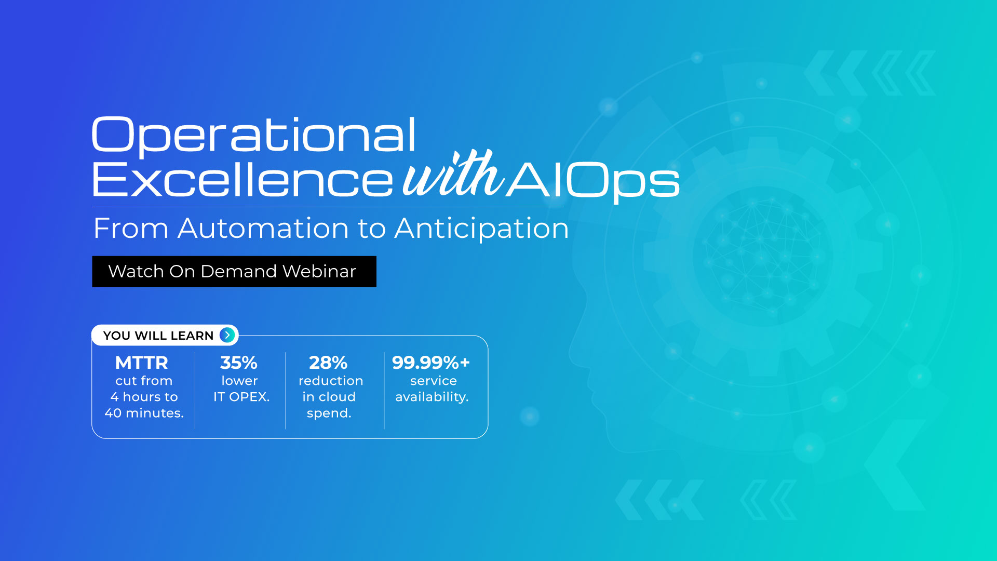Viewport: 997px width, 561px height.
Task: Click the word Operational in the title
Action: (254, 135)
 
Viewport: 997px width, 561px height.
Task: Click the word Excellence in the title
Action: (242, 179)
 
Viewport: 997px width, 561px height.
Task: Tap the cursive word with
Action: (453, 173)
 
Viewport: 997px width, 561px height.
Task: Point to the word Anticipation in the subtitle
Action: (481, 229)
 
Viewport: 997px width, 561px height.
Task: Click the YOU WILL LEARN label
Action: (158, 336)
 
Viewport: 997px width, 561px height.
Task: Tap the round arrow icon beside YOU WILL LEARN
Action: (227, 335)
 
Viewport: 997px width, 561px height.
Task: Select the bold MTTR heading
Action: (142, 362)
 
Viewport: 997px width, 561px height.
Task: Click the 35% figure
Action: (239, 362)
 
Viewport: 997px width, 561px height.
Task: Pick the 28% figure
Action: (328, 362)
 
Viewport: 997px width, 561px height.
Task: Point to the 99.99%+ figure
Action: (431, 362)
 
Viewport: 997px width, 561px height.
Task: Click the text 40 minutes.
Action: (144, 413)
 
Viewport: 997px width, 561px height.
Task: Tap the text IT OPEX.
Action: (241, 397)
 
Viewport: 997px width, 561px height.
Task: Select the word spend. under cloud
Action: (329, 413)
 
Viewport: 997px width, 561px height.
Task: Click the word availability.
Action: (432, 397)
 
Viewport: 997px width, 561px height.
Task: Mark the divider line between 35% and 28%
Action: (285, 391)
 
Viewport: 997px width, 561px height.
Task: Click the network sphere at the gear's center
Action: (763, 257)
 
